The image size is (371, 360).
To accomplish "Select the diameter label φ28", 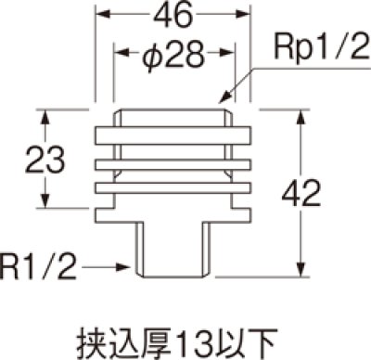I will tap(173, 58).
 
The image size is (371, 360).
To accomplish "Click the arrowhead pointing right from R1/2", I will tap(127, 268).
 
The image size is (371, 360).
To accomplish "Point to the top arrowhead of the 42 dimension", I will tap(301, 114).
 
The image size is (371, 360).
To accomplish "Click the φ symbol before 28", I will tap(153, 58).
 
